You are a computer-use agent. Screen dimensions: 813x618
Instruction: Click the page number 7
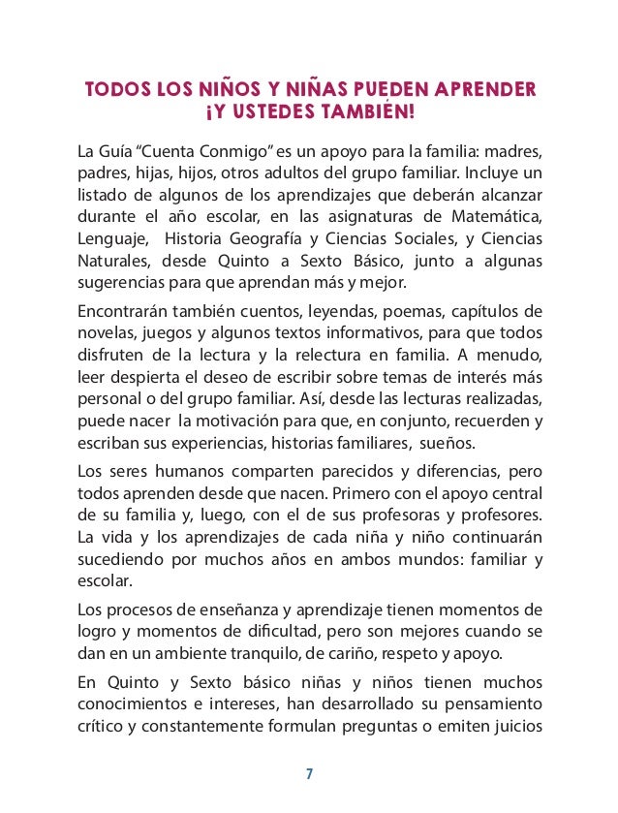[x=309, y=773]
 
